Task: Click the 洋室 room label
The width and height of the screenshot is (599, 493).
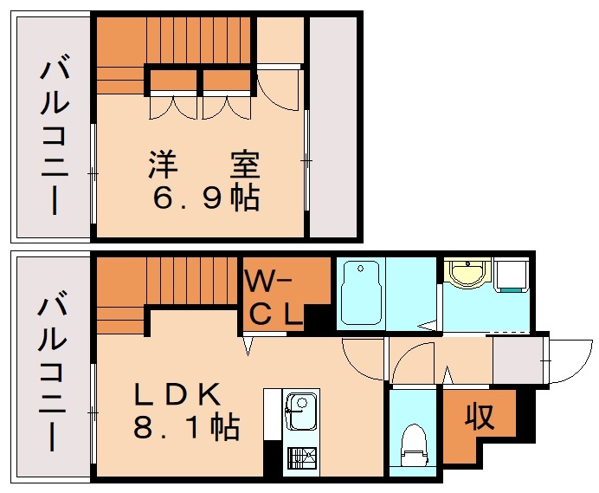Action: click(x=203, y=163)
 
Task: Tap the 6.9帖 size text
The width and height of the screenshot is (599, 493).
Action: click(x=206, y=198)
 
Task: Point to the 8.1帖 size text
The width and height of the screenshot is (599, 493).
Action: click(x=185, y=427)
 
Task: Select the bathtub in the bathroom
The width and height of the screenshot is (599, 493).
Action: click(x=360, y=293)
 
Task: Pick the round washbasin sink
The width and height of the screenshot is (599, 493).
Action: click(x=468, y=273)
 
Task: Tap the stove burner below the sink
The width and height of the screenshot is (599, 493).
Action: click(x=302, y=458)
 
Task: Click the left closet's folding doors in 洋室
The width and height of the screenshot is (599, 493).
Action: click(x=174, y=107)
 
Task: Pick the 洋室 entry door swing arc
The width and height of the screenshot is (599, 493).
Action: click(x=279, y=91)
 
